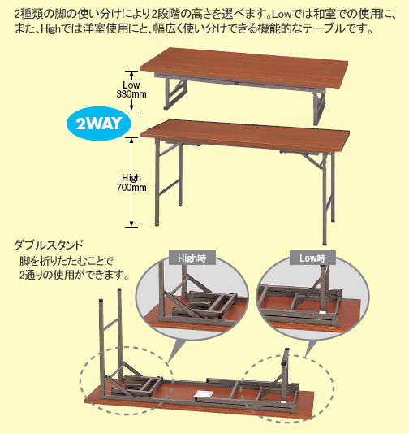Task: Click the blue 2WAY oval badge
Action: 99,124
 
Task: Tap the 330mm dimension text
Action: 131,94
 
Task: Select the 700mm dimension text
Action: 131,188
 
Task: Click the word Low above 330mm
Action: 131,85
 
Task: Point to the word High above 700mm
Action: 131,178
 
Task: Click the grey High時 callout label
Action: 192,258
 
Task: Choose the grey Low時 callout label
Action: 312,258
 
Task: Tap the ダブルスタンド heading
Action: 49,245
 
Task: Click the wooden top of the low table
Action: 244,67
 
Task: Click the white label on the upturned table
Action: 203,394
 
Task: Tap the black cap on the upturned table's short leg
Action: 286,350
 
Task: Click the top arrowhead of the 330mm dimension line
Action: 131,74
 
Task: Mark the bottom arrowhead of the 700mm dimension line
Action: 131,224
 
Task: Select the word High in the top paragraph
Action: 51,29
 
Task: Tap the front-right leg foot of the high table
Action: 325,244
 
